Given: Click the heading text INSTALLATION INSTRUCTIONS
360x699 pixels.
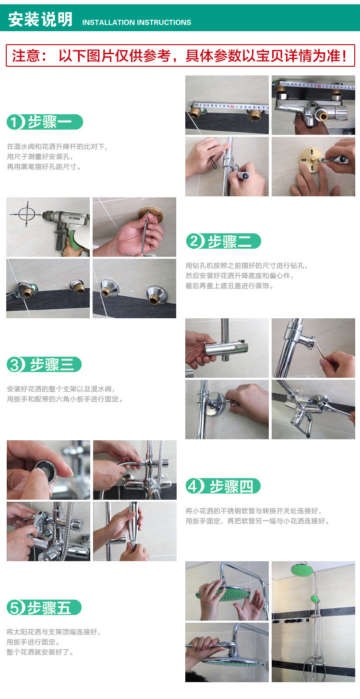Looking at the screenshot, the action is click(137, 23).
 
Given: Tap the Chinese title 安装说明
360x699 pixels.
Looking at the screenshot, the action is click(40, 19).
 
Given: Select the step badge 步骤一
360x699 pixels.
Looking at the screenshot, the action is click(45, 122).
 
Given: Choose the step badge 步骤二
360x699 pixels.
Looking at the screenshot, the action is click(223, 241).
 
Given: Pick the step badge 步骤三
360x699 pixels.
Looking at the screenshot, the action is click(44, 364).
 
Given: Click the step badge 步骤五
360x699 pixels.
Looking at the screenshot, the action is click(44, 608).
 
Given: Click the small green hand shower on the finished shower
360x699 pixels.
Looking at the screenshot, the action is click(315, 599).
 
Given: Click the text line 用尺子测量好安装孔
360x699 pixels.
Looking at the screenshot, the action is click(40, 157).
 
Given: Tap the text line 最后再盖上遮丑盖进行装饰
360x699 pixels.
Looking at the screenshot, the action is click(229, 286).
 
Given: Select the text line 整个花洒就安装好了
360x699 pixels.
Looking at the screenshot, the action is click(40, 652).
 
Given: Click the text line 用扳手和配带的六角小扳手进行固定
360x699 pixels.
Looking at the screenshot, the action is click(65, 399).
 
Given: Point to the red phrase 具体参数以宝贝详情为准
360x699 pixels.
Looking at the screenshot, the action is click(266, 56).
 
